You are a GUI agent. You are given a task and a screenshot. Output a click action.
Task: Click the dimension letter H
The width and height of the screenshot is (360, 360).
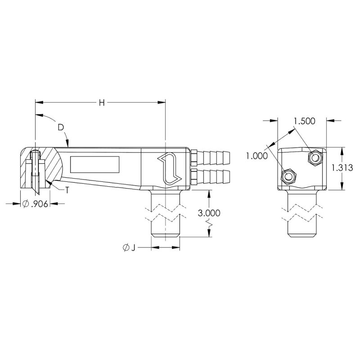click(x=102, y=103)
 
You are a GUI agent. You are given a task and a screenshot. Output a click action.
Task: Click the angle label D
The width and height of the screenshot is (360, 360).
click(x=61, y=127)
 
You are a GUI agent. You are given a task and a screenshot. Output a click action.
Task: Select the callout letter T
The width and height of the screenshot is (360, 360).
click(x=67, y=190)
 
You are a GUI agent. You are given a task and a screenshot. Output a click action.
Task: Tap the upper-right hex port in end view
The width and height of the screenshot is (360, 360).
click(x=315, y=157)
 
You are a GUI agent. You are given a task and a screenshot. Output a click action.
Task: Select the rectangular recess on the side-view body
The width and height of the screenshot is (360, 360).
click(x=94, y=164)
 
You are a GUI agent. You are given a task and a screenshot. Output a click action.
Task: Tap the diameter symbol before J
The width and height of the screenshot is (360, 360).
click(x=125, y=247)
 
